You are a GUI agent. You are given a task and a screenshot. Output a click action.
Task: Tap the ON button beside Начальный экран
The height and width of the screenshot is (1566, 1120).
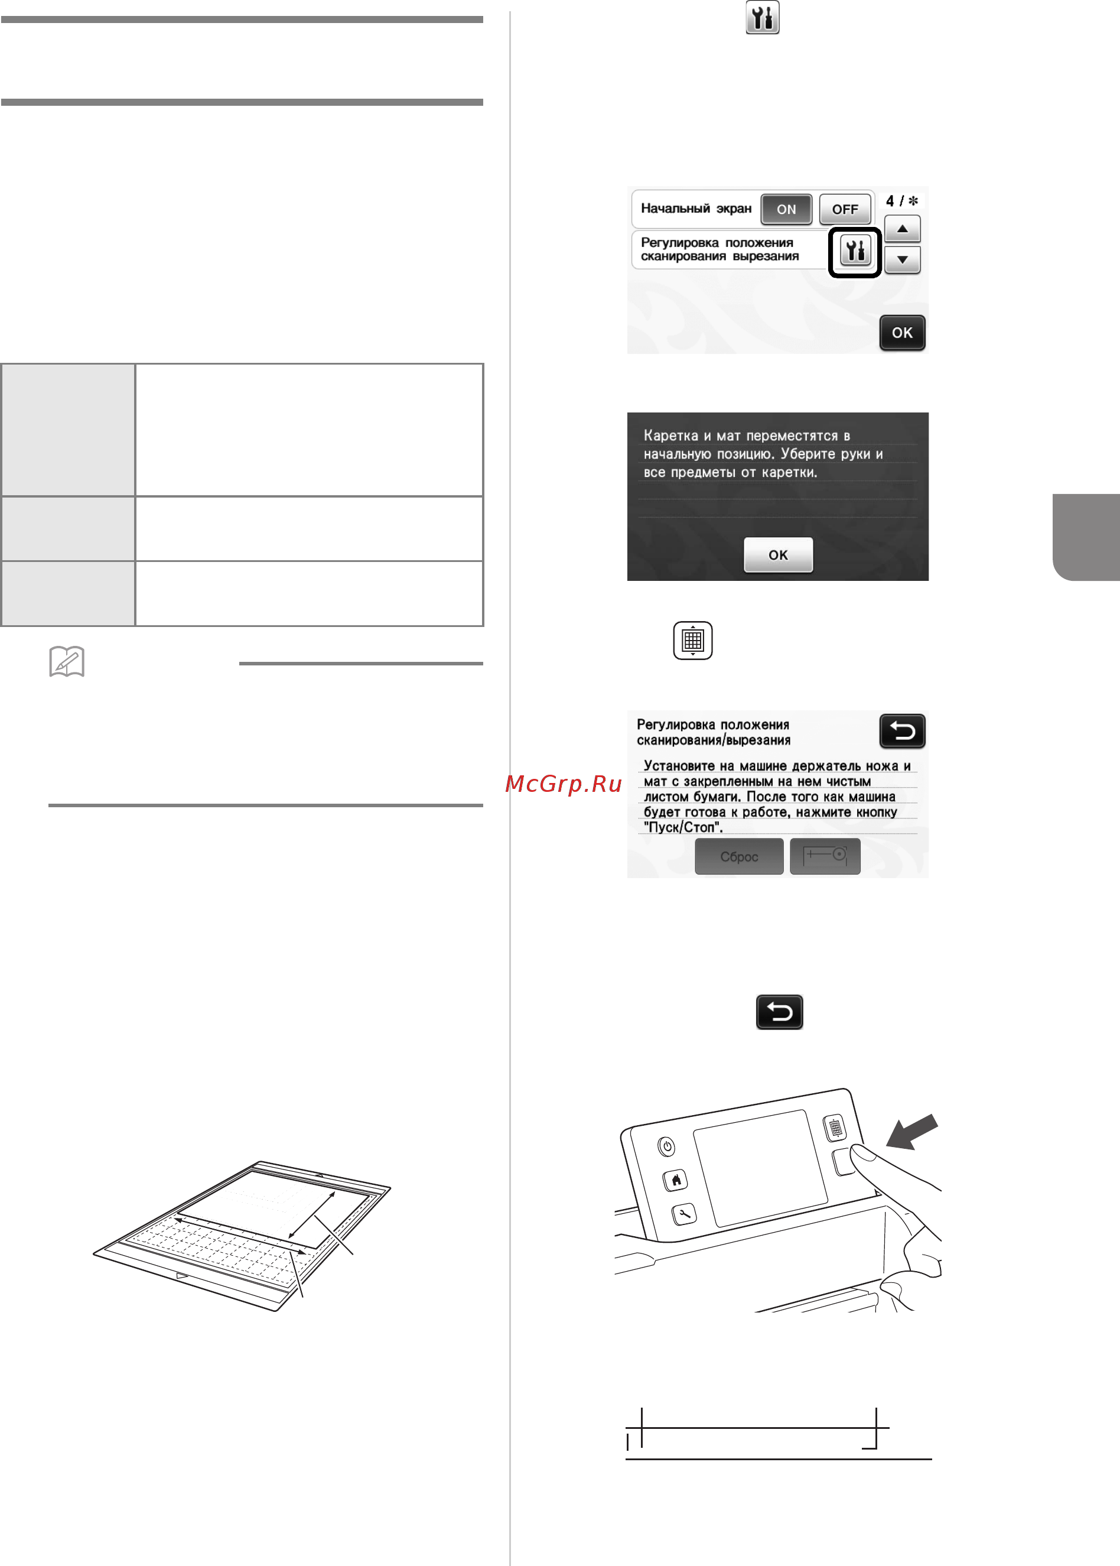[x=786, y=209]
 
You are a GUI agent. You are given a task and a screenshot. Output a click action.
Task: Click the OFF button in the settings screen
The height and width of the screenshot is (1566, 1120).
[x=845, y=209]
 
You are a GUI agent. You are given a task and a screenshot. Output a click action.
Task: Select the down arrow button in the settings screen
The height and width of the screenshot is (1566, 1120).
[x=902, y=260]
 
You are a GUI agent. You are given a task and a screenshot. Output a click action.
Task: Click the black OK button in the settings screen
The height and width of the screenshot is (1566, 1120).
[x=902, y=333]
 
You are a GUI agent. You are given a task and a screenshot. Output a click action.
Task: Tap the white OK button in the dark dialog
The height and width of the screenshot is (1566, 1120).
[x=778, y=555]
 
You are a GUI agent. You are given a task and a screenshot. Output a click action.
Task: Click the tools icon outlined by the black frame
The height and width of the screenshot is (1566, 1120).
[x=855, y=252]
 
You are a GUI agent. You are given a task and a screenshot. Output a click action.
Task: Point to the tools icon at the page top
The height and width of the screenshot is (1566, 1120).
[x=763, y=17]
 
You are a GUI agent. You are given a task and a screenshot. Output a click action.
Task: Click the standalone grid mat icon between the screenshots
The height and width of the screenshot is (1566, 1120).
[x=692, y=640]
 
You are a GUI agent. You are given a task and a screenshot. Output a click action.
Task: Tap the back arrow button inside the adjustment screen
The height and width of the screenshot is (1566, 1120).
[x=902, y=730]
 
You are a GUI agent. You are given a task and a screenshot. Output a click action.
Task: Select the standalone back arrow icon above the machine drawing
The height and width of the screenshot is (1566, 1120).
[x=779, y=1012]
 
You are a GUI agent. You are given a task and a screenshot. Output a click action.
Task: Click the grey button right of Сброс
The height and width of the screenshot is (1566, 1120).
[x=825, y=856]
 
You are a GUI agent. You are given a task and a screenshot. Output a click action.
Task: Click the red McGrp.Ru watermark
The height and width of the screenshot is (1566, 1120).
[x=564, y=784]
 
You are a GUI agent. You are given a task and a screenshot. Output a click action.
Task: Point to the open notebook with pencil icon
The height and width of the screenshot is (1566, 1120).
[x=67, y=662]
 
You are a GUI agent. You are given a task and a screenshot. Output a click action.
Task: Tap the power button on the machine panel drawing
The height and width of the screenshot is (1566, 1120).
[x=666, y=1146]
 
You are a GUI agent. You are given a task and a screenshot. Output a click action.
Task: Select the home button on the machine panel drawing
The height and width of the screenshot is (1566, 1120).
[x=676, y=1180]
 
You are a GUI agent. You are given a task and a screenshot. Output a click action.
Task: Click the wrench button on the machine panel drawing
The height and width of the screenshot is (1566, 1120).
[x=684, y=1214]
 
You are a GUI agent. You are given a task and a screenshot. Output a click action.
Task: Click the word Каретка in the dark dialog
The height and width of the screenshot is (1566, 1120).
[x=671, y=436]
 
